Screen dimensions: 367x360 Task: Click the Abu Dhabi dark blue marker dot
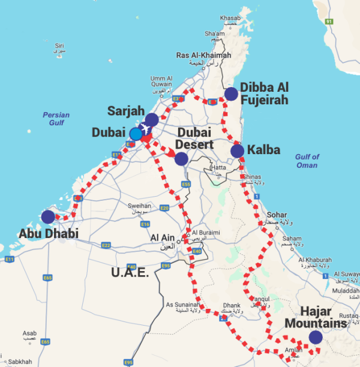click(x=47, y=216)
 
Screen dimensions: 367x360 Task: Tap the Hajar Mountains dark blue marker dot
click(x=316, y=338)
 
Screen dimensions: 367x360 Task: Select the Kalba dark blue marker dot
click(x=238, y=151)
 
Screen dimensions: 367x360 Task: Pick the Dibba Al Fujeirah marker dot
click(x=231, y=94)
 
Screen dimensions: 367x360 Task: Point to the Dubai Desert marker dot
click(x=181, y=158)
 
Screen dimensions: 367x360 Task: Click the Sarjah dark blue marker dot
click(x=152, y=119)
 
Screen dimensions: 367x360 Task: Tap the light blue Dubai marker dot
click(x=136, y=134)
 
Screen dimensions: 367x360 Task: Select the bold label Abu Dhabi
click(x=49, y=233)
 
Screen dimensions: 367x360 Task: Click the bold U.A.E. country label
click(x=130, y=273)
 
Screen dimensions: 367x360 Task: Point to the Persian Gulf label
click(x=56, y=119)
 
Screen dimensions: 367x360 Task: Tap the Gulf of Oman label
click(x=307, y=161)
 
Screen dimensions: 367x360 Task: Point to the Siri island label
click(x=59, y=45)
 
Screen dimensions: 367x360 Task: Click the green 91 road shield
click(x=329, y=22)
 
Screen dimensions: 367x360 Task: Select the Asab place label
click(x=29, y=333)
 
